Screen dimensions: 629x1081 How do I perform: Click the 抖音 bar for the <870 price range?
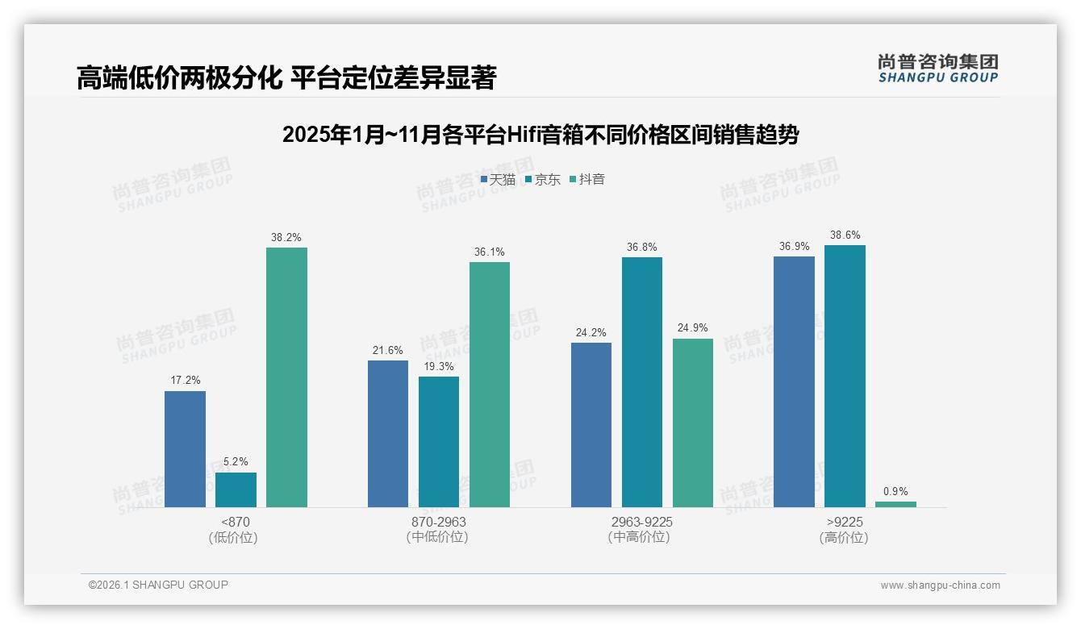286,377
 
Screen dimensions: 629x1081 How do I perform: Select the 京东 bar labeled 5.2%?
236,489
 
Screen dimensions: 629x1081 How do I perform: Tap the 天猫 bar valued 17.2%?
185,449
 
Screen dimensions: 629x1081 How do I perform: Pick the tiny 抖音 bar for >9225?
895,504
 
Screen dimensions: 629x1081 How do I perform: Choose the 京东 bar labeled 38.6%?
845,376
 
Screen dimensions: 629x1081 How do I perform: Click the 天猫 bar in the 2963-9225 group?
591,425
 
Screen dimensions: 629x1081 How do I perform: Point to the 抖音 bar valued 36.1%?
490,385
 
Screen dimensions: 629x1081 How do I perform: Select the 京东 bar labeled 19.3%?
439,442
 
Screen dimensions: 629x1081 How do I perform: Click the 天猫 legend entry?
498,179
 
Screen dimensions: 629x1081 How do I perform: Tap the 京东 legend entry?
543,179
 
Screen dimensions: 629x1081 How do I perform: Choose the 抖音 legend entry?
587,179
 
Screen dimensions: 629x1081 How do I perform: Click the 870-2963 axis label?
438,522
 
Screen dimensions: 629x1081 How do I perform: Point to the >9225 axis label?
844,522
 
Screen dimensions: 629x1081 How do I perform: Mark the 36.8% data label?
641,248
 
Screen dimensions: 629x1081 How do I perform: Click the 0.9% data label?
895,491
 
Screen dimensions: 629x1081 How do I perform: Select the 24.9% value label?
692,328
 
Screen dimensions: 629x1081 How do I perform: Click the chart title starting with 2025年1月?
540,135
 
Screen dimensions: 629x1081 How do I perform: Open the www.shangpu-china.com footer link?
940,585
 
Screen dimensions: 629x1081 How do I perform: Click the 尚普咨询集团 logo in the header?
938,68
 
